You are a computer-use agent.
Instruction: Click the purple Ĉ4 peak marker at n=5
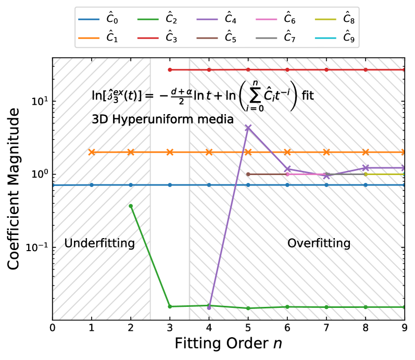(x=248, y=127)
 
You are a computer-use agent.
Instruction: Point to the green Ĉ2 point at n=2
(x=131, y=206)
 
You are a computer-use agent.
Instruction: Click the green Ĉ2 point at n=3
(x=170, y=306)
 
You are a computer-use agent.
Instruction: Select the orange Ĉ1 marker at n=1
(x=92, y=152)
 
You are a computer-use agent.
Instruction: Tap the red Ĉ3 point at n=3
(x=170, y=70)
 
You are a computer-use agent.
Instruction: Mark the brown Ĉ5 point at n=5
(x=248, y=174)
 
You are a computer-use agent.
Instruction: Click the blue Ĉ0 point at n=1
(x=92, y=185)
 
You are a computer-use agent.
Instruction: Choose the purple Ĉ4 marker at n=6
(x=287, y=169)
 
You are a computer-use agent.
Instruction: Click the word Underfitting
(x=99, y=243)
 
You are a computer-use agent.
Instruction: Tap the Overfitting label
(x=319, y=243)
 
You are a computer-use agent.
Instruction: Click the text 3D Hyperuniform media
(x=162, y=120)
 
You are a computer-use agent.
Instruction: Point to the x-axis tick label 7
(x=326, y=329)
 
